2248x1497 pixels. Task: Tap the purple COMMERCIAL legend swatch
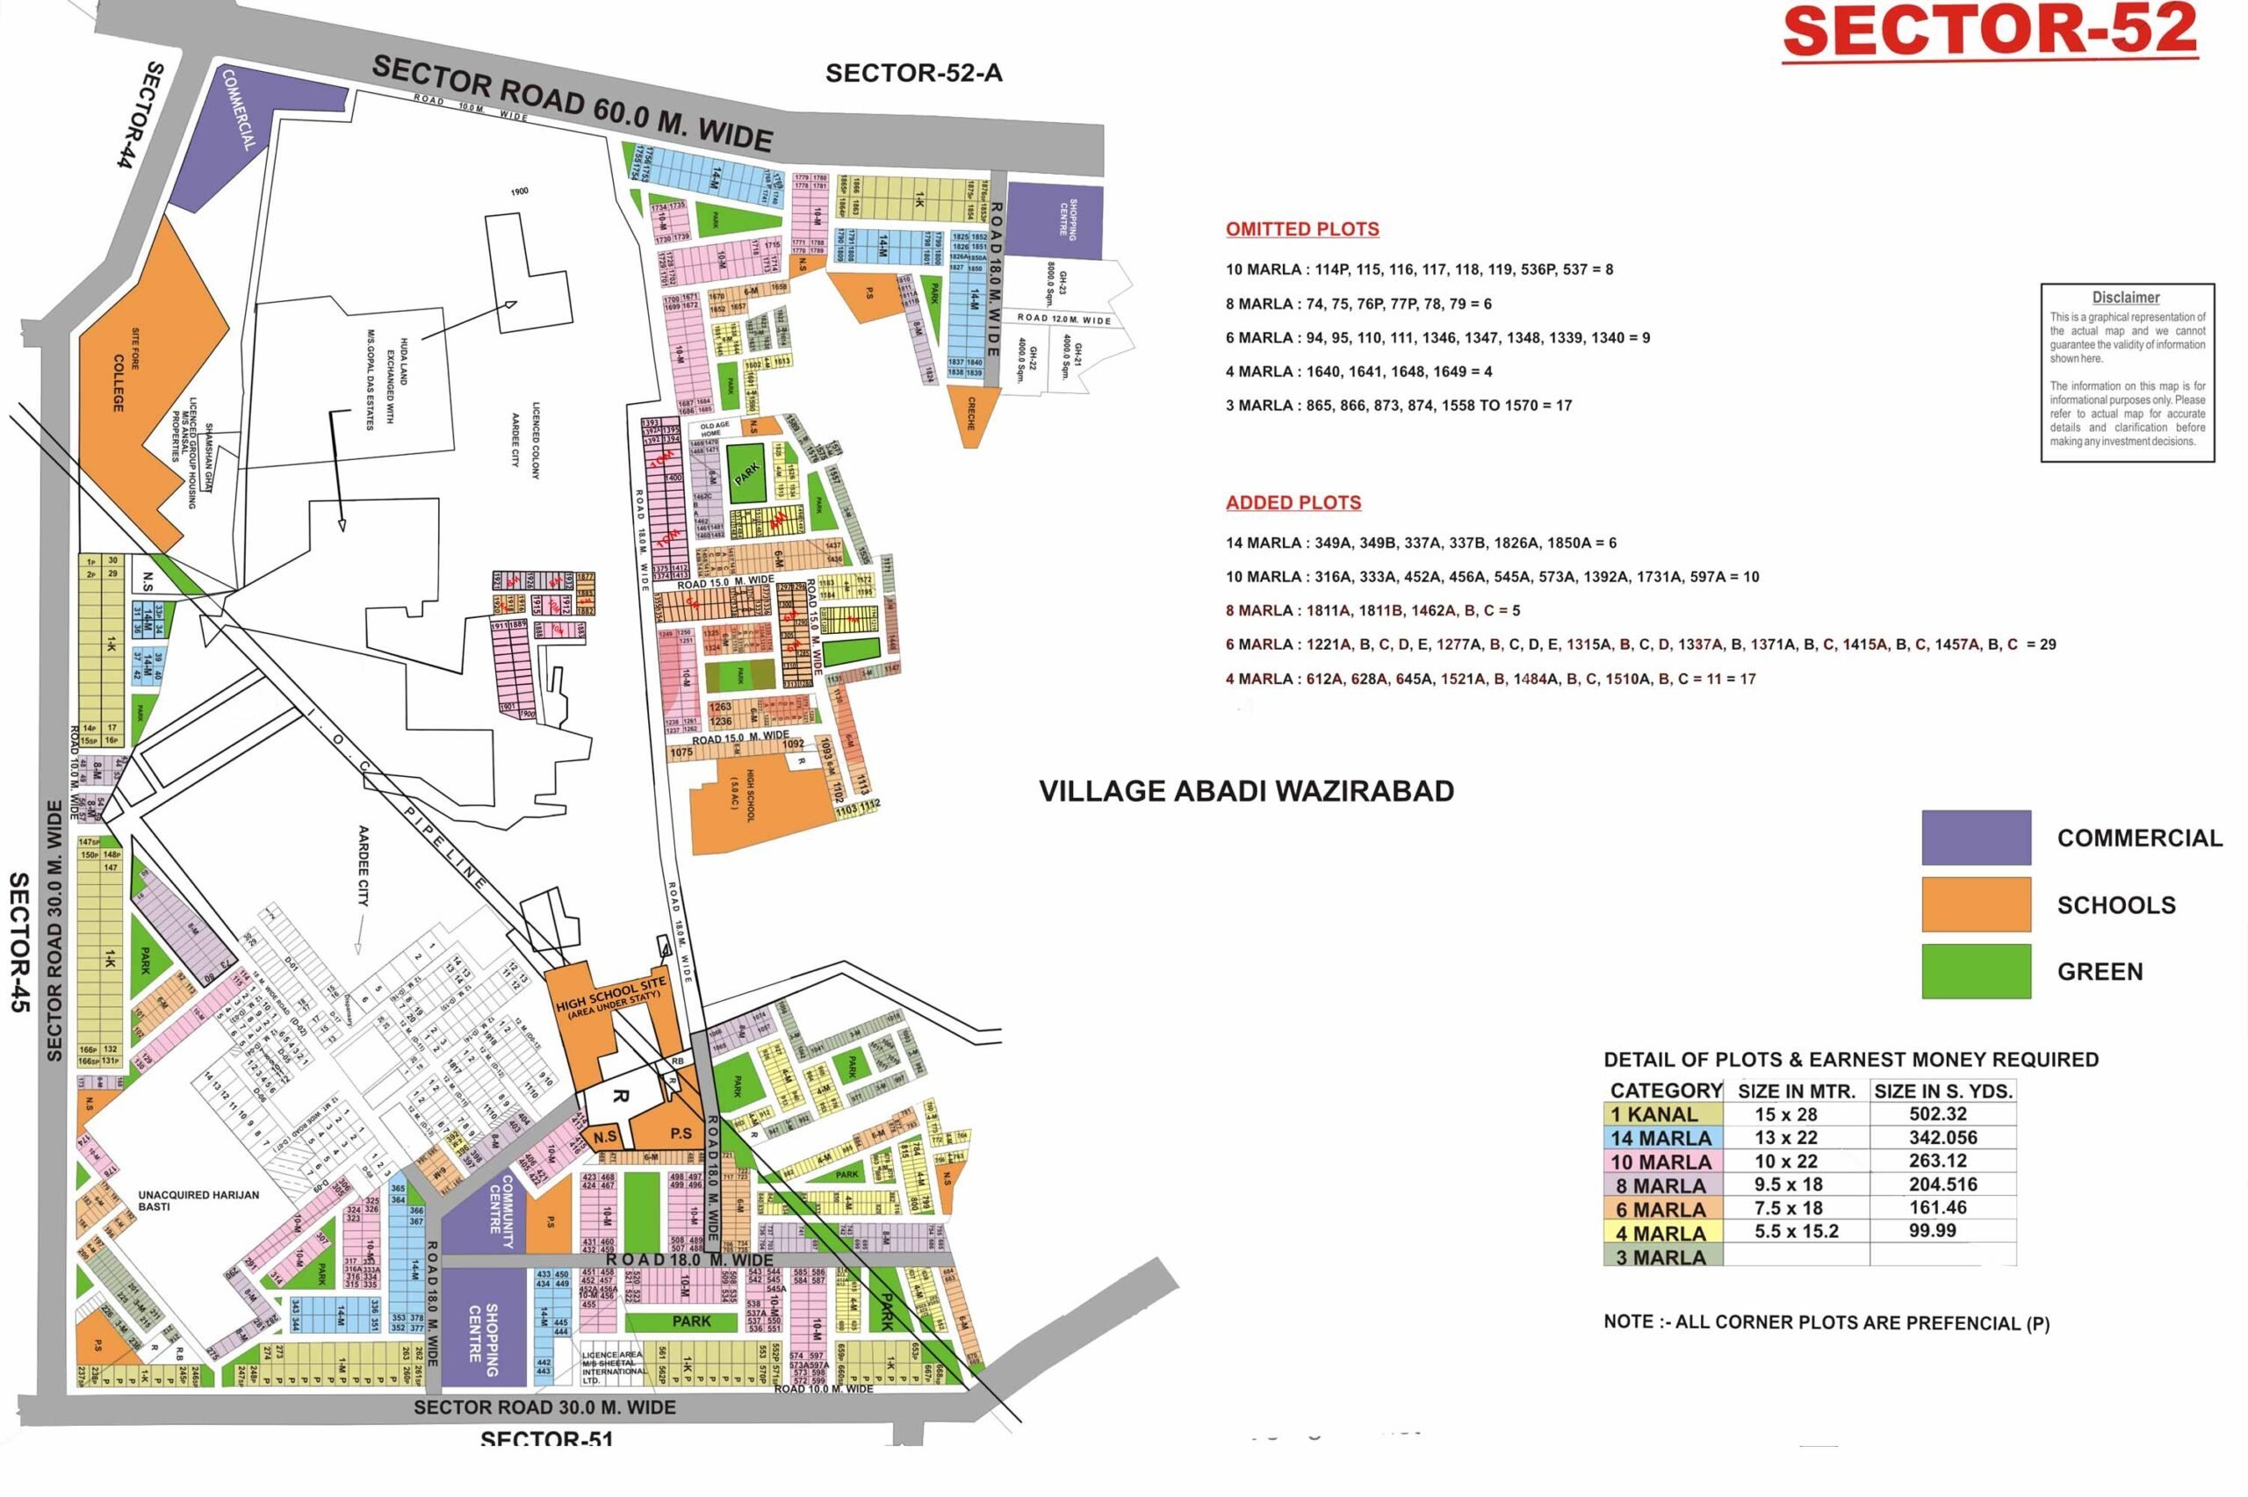tap(1975, 838)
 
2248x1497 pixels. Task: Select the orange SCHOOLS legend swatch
tap(1975, 904)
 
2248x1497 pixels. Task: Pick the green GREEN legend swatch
tap(1975, 971)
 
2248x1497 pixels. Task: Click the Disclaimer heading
tap(2126, 298)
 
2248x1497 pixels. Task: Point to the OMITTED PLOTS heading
tap(1302, 229)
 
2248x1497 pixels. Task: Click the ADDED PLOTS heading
tap(1293, 502)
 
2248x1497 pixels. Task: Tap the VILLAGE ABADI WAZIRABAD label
tap(1246, 791)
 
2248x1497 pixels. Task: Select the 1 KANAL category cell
tap(1662, 1114)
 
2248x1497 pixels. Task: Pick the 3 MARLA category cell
tap(1662, 1257)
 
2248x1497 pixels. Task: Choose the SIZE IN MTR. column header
tap(1797, 1091)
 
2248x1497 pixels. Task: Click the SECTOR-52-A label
tap(913, 74)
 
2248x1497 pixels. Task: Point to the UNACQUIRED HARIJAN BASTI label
tap(198, 1200)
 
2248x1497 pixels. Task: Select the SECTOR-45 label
tap(19, 941)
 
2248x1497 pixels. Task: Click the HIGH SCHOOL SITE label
tap(611, 995)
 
